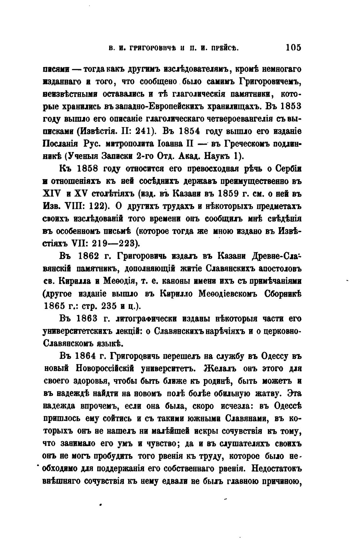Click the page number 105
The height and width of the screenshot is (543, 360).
[293, 48]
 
